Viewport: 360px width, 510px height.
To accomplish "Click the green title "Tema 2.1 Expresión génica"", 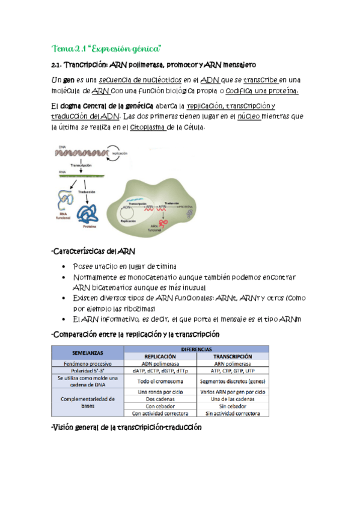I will [108, 48].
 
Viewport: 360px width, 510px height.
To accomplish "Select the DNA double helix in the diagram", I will [81, 154].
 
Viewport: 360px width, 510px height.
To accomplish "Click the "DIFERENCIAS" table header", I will [195, 348].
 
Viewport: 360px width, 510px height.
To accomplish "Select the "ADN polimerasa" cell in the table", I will [159, 363].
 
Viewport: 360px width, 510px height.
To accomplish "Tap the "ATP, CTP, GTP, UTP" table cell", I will [232, 371].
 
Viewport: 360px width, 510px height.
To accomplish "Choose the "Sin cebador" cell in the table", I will [232, 405].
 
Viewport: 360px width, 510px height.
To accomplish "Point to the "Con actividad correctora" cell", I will [159, 413].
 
